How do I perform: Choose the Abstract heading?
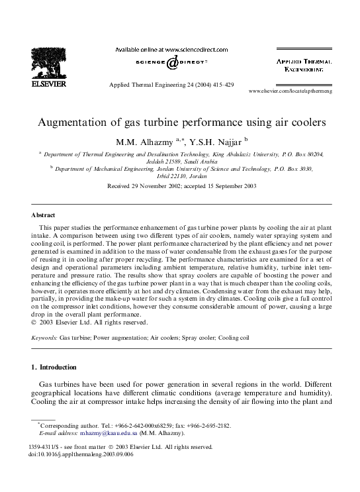[x=44, y=215]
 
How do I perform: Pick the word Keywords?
[x=44, y=337]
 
